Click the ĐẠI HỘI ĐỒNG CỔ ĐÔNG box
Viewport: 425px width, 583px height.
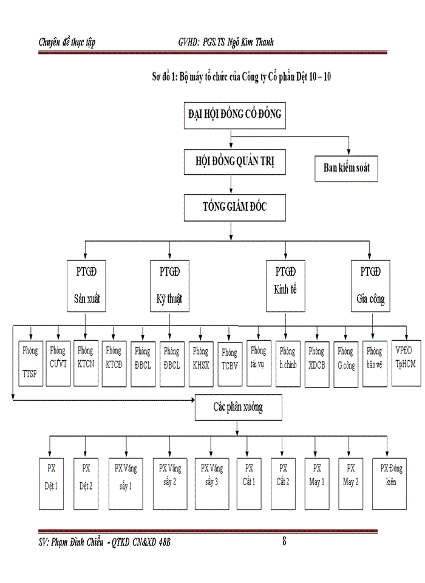tap(234, 116)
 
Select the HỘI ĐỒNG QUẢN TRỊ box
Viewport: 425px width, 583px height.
tap(234, 162)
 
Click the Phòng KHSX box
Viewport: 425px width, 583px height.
tap(200, 359)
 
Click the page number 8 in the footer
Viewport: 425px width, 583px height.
tap(284, 542)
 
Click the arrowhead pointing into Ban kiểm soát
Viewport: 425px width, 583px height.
tap(348, 152)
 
